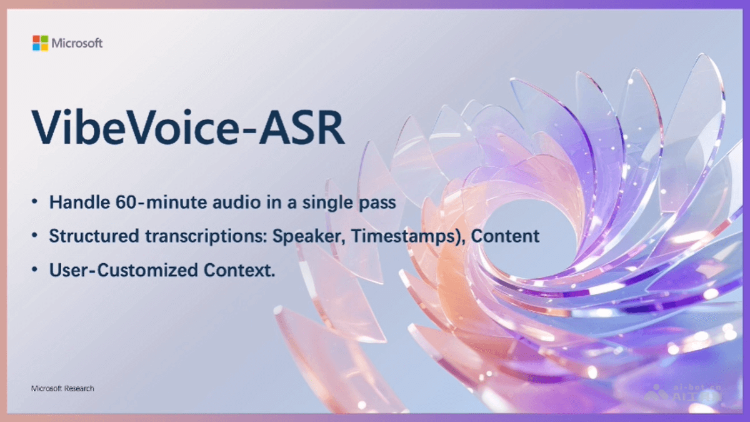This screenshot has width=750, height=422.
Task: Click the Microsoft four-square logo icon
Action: (40, 43)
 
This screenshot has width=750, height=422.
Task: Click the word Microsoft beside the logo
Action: (77, 43)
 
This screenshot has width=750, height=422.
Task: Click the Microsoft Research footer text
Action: (62, 389)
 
